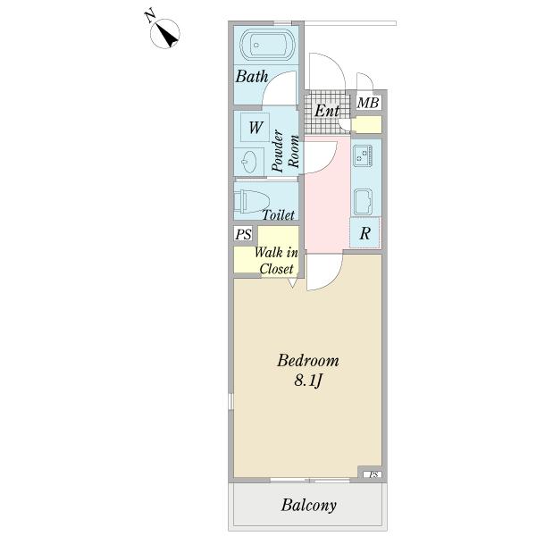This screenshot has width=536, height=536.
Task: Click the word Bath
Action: [252, 78]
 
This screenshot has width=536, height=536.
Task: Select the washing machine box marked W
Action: [255, 127]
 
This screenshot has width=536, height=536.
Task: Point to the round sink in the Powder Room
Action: [250, 162]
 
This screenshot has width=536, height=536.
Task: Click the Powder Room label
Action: [284, 151]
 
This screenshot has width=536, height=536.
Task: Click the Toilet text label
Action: [279, 215]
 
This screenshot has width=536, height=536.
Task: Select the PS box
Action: [242, 235]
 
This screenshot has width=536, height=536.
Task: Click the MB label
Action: [368, 104]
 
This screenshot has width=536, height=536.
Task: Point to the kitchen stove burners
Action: [364, 157]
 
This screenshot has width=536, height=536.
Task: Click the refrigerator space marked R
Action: [365, 235]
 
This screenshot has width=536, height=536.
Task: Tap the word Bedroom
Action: [307, 361]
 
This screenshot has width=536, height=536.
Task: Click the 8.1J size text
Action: [307, 382]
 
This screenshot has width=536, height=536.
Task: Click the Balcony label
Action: [309, 506]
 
